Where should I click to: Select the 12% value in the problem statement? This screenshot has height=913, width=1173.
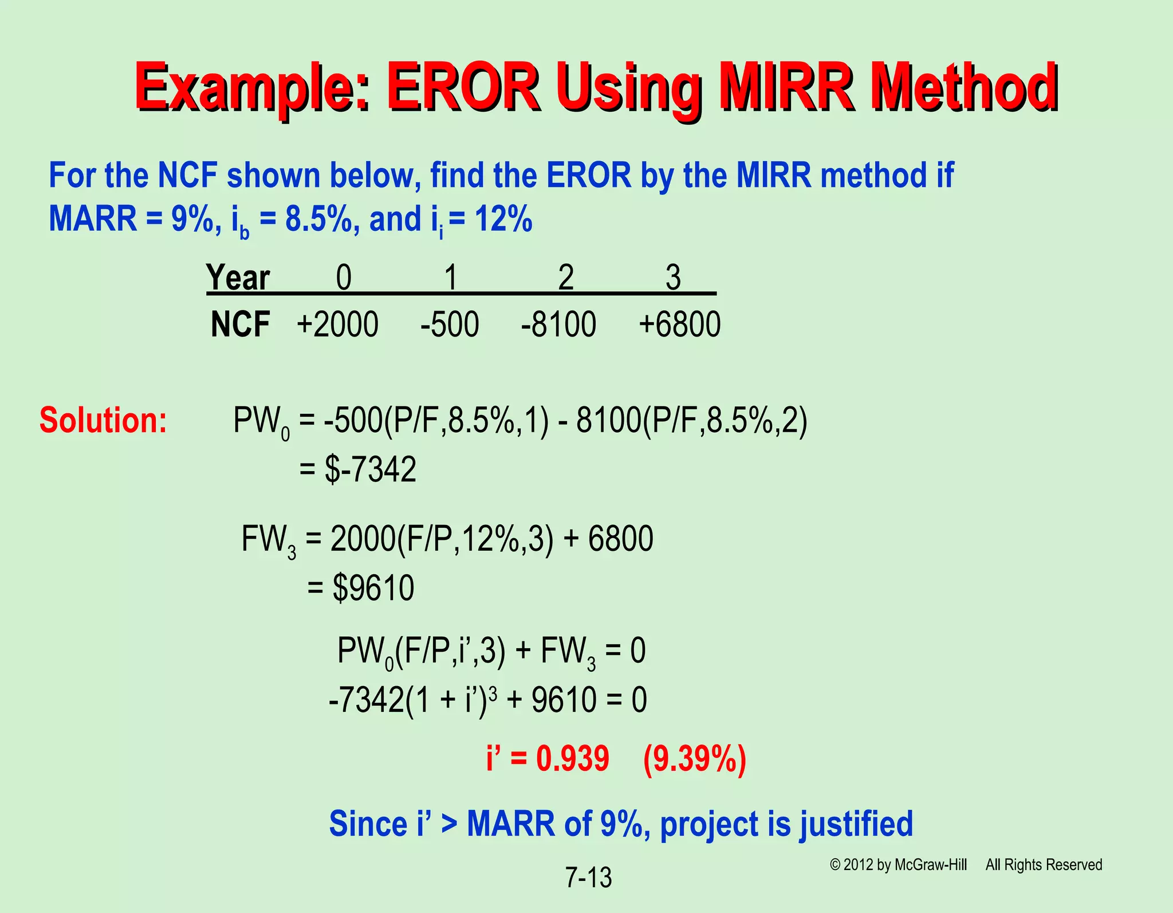point(503,220)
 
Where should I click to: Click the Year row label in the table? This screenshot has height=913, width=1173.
point(238,278)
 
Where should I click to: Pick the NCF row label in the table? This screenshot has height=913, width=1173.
point(240,324)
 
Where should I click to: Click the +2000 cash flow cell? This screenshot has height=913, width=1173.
point(337,324)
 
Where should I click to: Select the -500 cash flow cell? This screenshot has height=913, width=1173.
point(450,324)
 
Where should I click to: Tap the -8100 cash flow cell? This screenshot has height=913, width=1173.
point(558,324)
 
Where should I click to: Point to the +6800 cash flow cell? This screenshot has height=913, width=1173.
point(679,324)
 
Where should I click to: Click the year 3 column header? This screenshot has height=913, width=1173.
point(673,278)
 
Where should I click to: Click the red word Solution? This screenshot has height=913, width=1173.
point(103,420)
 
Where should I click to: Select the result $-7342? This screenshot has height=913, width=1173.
point(370,469)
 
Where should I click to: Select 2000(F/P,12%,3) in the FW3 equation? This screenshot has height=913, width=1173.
point(442,539)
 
